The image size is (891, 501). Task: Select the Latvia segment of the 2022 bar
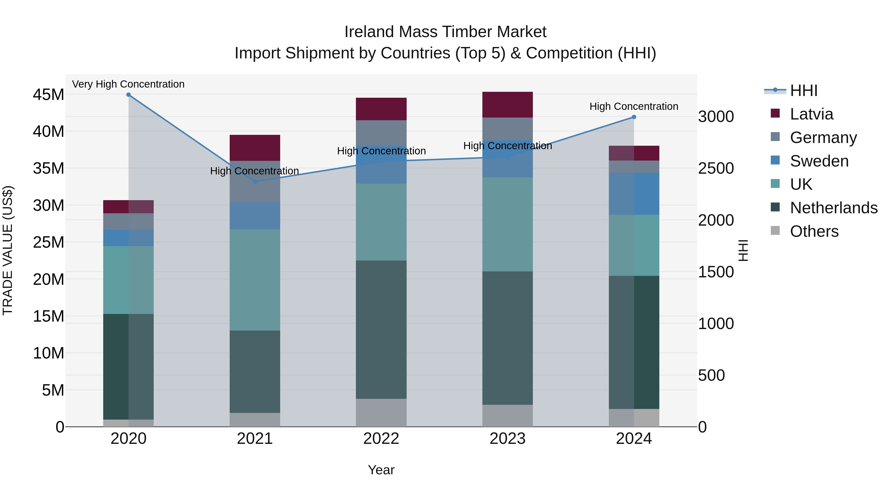381,109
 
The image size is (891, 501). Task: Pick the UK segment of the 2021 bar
255,280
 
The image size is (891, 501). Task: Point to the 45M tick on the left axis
49,95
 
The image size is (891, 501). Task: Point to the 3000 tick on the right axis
716,117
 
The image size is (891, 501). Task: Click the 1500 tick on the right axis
716,272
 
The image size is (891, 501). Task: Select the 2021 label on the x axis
255,439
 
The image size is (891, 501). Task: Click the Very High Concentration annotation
128,84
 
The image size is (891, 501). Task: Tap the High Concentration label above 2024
634,106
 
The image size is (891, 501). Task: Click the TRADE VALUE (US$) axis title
8,250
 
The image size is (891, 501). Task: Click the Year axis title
381,470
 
